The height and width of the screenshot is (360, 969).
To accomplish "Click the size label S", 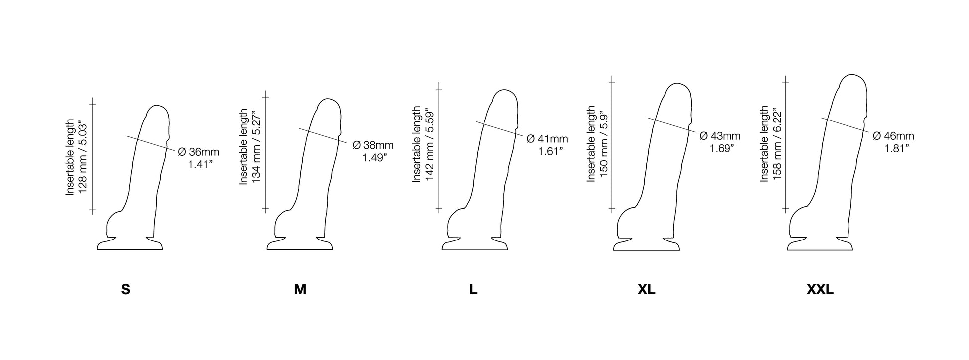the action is pos(126,290).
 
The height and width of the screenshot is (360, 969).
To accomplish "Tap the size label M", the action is pos(300,290).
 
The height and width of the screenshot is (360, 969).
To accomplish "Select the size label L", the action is pos(473,290).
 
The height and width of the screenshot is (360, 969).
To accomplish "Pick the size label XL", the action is pos(646,290).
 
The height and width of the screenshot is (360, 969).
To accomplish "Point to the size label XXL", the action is pos(820,290).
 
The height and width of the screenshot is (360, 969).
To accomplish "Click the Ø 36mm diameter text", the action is pos(198,152).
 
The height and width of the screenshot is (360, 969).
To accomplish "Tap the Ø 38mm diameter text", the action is pos(373,145).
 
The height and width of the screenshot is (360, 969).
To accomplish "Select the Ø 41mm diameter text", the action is pos(547,139).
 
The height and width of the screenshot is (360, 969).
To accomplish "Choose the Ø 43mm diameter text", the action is pos(720,136).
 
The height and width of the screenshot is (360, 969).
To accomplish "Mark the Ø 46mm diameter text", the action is pos(893,136).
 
